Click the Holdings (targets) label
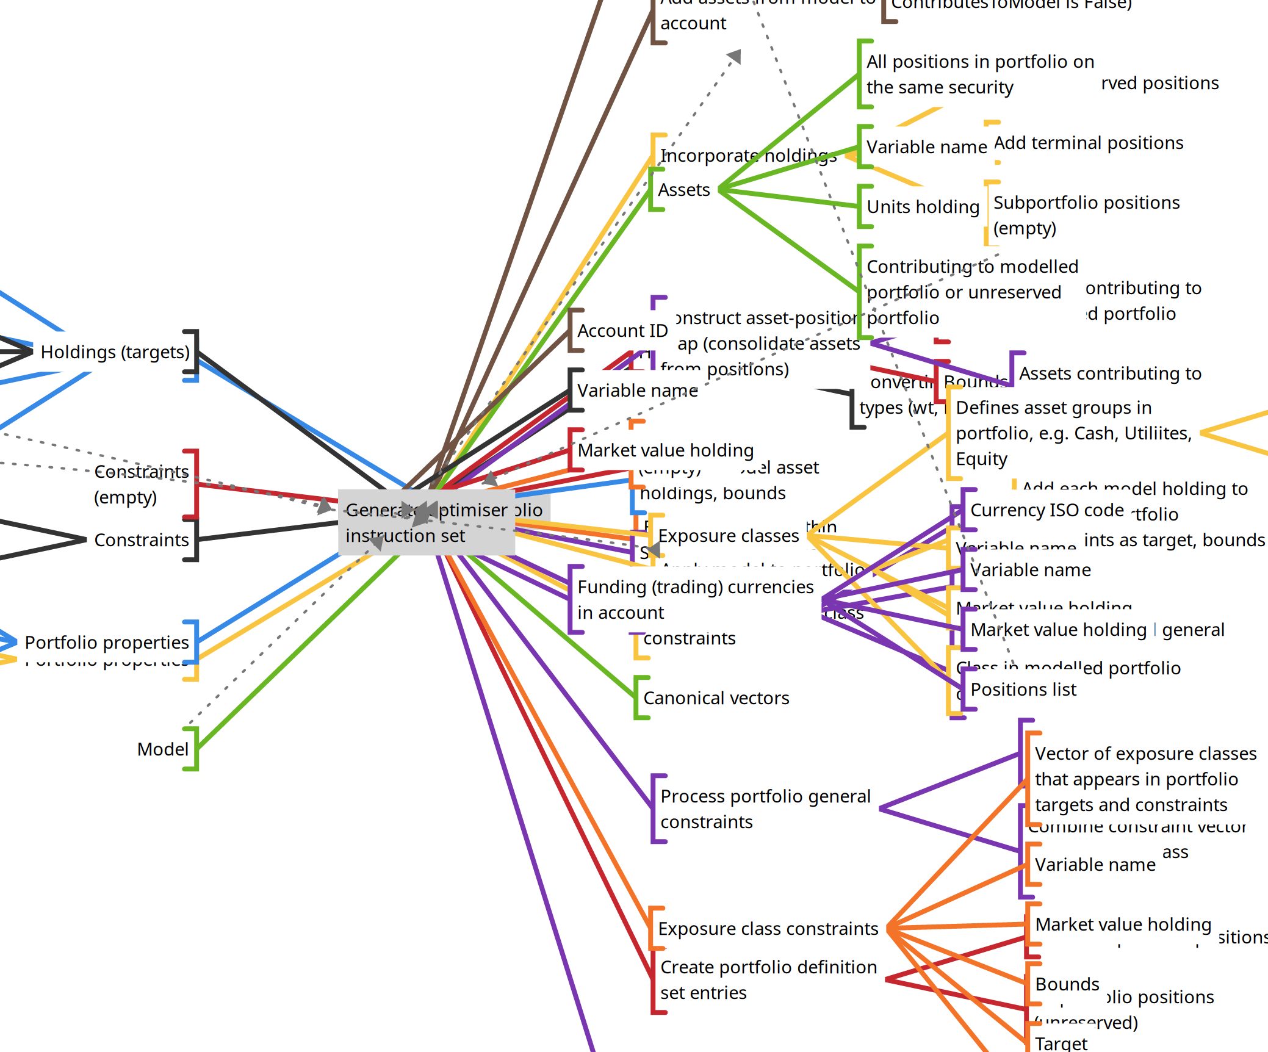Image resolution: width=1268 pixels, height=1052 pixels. [x=115, y=352]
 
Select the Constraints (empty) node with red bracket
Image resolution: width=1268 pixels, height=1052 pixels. [x=142, y=484]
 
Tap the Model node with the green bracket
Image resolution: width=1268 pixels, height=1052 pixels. [x=163, y=749]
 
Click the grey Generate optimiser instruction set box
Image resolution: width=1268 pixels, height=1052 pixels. [x=427, y=522]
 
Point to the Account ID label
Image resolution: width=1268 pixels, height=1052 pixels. [x=622, y=331]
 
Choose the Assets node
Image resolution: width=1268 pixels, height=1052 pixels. [x=683, y=190]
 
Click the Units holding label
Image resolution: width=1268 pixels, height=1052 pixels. [x=923, y=207]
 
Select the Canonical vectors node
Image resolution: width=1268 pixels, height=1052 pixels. [x=716, y=698]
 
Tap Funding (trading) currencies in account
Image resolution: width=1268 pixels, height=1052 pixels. [x=695, y=599]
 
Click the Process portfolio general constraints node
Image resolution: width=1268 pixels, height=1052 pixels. [x=765, y=809]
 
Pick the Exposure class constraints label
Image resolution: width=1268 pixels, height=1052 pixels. [x=768, y=929]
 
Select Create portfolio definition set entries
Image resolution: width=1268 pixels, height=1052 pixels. [x=768, y=979]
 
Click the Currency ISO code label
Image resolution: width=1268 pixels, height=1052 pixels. [x=1046, y=510]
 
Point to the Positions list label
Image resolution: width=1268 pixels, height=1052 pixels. [x=1023, y=690]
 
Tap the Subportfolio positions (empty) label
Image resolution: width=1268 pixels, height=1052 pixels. [x=1086, y=215]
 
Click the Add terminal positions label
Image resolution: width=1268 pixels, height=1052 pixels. [x=1089, y=143]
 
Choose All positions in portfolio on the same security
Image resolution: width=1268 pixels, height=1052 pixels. [x=980, y=74]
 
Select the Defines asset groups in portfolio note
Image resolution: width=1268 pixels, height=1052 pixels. [x=1073, y=433]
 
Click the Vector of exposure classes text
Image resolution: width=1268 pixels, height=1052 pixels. [x=1145, y=779]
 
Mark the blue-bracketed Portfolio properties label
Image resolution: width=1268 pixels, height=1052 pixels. [x=107, y=643]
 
